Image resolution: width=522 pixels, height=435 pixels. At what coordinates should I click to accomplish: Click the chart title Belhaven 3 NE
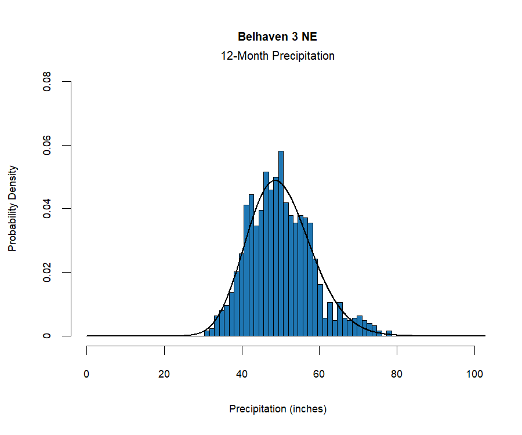click(277, 37)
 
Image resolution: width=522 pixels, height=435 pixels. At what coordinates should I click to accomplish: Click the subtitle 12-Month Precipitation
click(277, 56)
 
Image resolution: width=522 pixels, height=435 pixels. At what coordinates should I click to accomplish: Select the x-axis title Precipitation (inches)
click(278, 409)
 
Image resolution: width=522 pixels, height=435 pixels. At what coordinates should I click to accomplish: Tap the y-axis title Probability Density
click(13, 209)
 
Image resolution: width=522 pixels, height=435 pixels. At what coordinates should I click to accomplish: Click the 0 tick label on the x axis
click(87, 374)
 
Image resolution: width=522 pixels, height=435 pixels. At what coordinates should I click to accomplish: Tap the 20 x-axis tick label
click(165, 374)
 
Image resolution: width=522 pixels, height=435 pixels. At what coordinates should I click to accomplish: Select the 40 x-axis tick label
click(242, 374)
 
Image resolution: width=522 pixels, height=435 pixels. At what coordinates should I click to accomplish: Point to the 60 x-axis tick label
click(320, 374)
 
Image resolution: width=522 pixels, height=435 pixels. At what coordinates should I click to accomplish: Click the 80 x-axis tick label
click(397, 374)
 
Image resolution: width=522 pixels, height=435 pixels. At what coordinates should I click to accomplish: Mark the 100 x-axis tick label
click(474, 374)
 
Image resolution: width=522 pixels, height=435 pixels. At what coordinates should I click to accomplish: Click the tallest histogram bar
click(281, 244)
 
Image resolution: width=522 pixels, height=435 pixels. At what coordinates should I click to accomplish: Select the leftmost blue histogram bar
click(206, 333)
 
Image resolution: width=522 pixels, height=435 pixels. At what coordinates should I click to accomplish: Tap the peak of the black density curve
click(275, 180)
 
